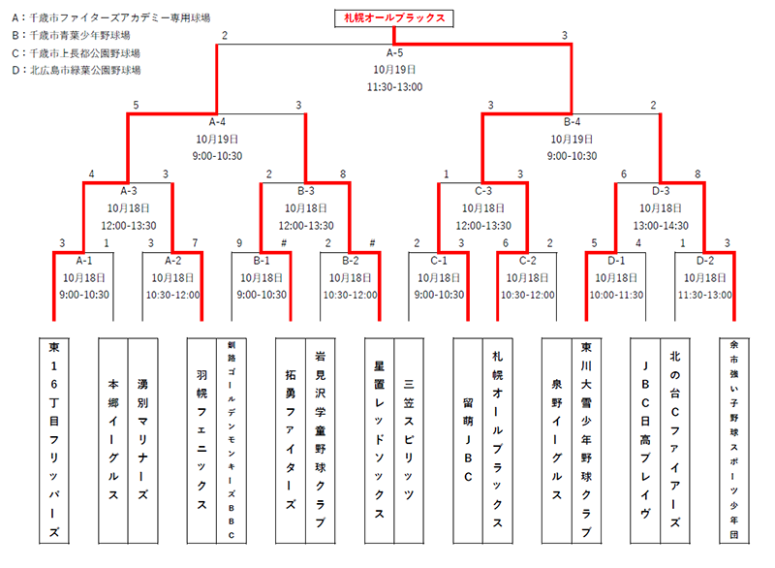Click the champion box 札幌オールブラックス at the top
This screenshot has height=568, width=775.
394,17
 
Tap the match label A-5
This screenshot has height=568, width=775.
394,52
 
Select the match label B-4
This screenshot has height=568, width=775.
572,122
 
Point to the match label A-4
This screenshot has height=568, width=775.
217,122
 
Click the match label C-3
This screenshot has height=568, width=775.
482,191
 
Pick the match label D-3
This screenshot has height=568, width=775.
661,191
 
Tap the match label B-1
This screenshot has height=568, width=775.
261,260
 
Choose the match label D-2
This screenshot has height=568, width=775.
704,260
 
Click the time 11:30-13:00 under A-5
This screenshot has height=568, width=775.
394,87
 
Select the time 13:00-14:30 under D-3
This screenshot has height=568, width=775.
661,225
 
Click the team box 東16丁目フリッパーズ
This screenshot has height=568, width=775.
54,441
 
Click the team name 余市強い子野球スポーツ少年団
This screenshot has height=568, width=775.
734,441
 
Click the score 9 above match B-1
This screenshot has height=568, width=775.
238,242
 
